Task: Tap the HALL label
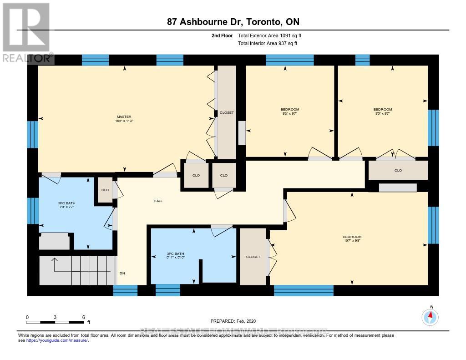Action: click(x=158, y=201)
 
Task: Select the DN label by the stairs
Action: click(x=122, y=274)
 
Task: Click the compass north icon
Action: click(x=430, y=316)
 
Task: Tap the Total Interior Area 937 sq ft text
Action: click(x=268, y=44)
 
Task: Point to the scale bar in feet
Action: click(x=55, y=322)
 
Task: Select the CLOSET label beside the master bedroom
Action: click(x=226, y=112)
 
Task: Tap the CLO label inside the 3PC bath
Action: click(x=105, y=190)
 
